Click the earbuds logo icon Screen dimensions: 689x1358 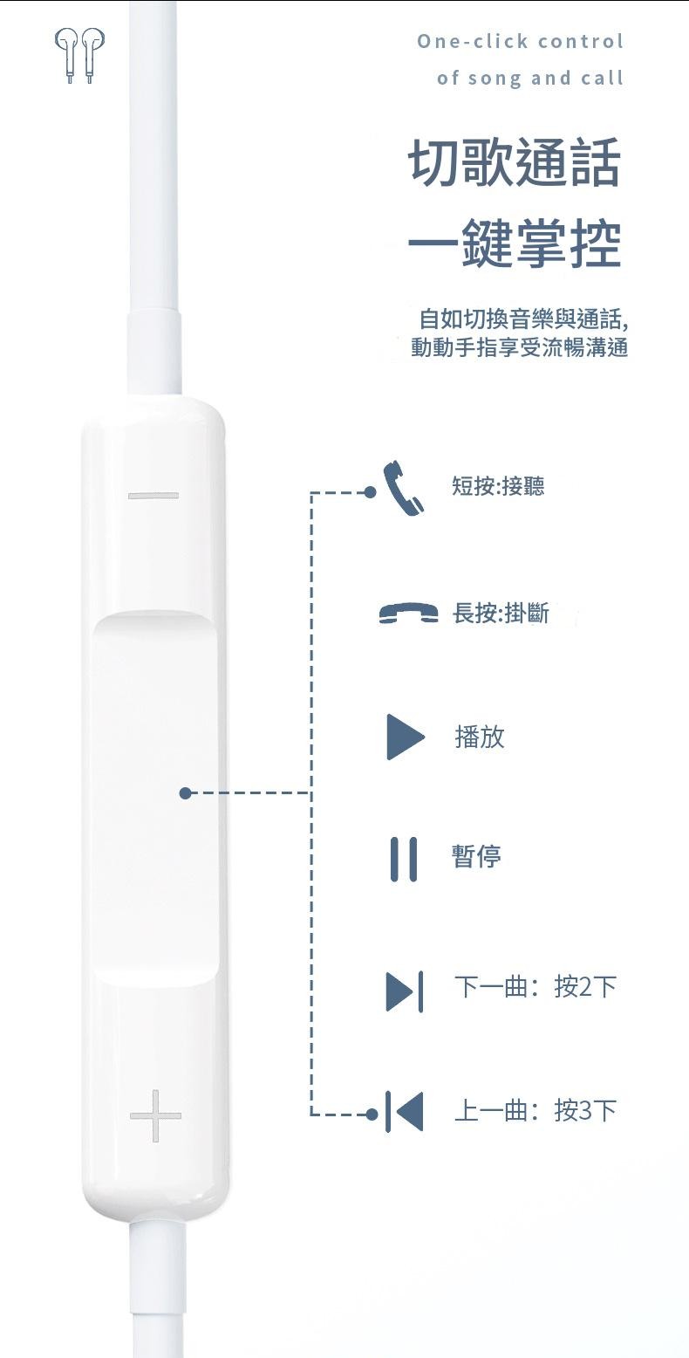point(79,55)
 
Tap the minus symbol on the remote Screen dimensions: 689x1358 point(153,496)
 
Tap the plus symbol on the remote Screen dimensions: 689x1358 point(155,1115)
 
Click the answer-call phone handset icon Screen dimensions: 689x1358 point(403,488)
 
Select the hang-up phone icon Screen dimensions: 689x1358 point(408,613)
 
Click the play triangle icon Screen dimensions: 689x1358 point(405,737)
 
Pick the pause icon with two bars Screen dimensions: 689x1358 point(404,859)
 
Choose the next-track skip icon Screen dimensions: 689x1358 point(404,991)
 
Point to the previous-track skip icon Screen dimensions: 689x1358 point(404,1111)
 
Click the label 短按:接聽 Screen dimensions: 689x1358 point(498,485)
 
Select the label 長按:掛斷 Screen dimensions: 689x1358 point(501,614)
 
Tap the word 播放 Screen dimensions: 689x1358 point(480,737)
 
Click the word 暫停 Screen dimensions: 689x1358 point(476,856)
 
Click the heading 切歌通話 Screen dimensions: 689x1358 point(515,161)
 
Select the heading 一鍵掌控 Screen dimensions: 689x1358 point(515,243)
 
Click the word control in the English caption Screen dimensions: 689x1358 point(581,41)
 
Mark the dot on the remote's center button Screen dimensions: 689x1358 point(186,793)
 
